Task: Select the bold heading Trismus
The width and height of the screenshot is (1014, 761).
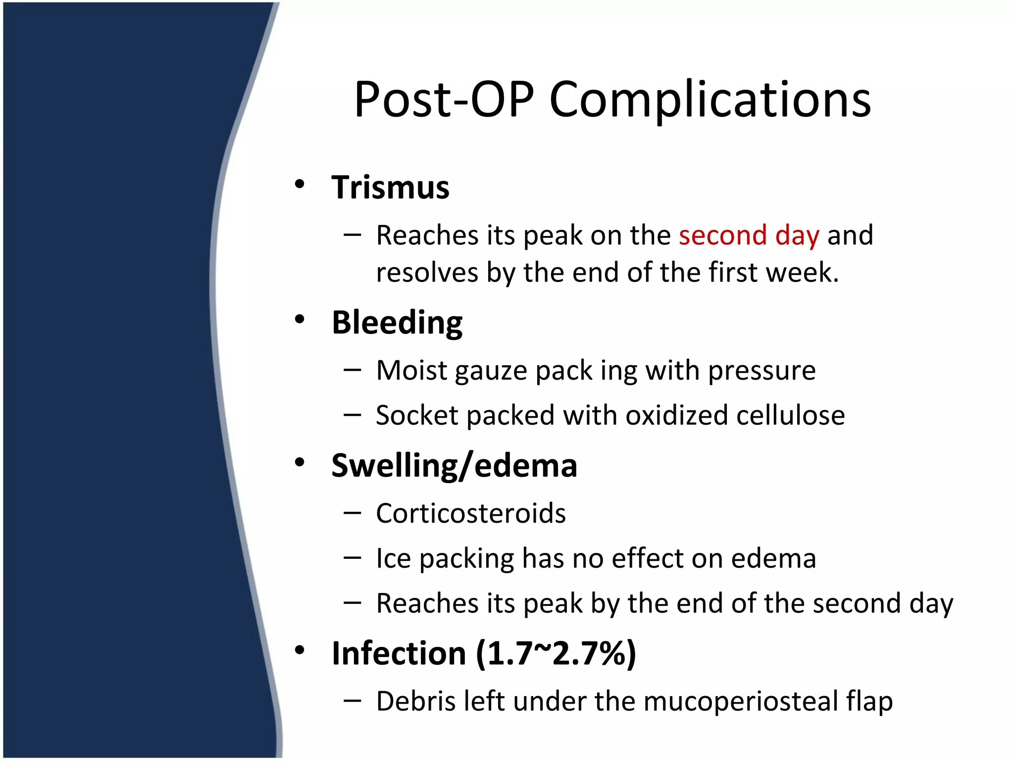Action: (x=390, y=188)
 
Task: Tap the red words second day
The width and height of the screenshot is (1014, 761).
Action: (x=749, y=235)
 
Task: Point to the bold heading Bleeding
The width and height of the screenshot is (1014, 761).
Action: (x=397, y=323)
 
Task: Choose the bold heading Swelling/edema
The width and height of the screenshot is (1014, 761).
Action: (x=454, y=466)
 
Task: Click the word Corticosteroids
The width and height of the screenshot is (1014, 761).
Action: (x=470, y=513)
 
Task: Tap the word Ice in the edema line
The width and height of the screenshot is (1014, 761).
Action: (x=393, y=558)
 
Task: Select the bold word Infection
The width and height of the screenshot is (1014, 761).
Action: (x=399, y=653)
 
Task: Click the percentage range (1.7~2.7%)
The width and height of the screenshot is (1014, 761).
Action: (x=556, y=653)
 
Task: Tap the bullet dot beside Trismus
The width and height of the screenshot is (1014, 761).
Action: (x=299, y=185)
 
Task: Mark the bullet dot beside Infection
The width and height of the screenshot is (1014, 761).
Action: (x=299, y=650)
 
